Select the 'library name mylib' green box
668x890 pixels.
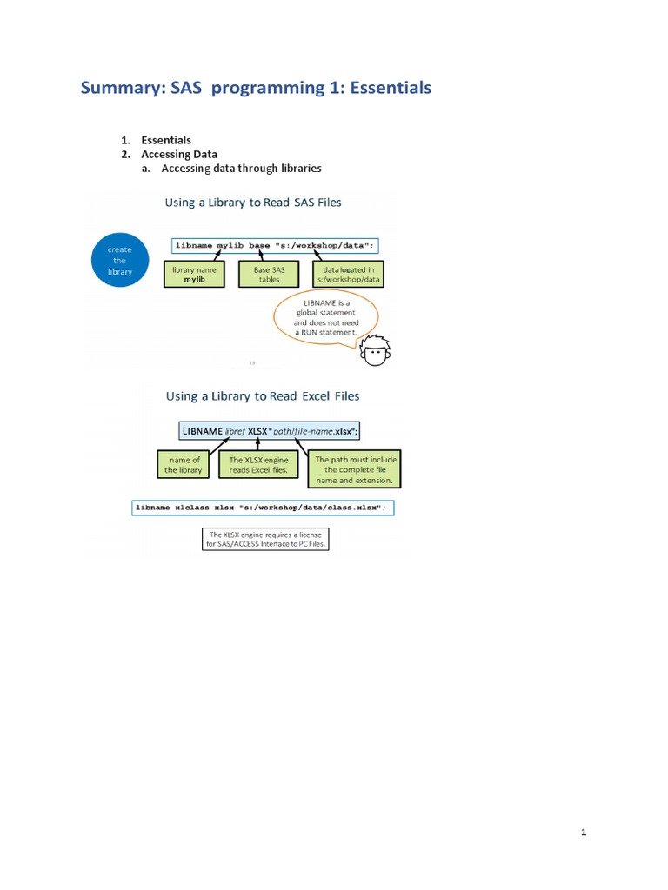[x=195, y=275]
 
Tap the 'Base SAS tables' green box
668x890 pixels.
[x=268, y=275]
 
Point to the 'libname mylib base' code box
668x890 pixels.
[x=276, y=246]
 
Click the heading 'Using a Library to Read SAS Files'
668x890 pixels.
[x=253, y=203]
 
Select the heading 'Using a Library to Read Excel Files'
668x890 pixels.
[x=263, y=396]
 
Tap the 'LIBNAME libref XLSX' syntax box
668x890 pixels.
[x=270, y=430]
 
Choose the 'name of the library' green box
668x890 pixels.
[x=184, y=465]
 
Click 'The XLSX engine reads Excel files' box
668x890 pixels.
[x=259, y=465]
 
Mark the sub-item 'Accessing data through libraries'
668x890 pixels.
[x=241, y=169]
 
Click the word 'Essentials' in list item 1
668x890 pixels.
[x=166, y=140]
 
